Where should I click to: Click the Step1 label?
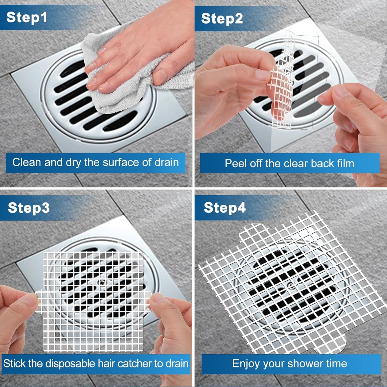click(x=27, y=17)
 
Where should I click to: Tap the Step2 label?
click(x=222, y=19)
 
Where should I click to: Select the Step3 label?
click(x=29, y=208)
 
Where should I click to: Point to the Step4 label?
click(x=224, y=208)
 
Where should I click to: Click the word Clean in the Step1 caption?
click(x=27, y=163)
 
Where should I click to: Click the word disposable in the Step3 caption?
click(x=70, y=364)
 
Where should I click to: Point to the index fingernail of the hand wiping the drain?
click(x=102, y=50)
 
